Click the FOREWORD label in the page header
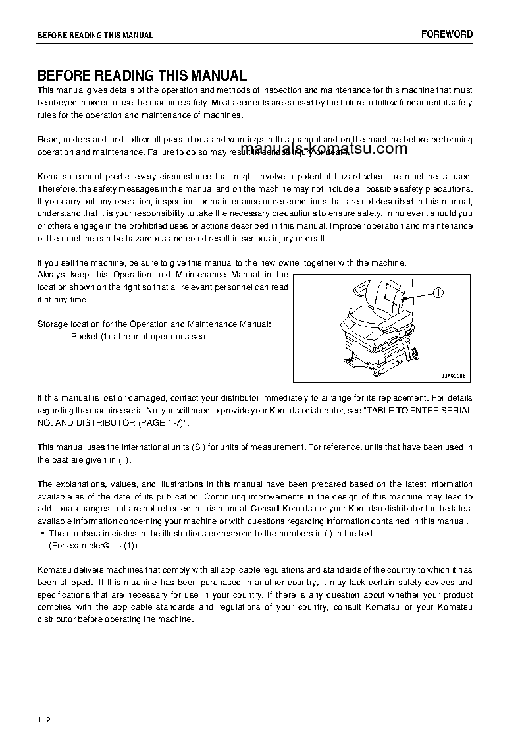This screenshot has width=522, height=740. [x=446, y=34]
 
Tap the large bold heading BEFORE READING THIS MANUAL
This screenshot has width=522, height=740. [x=142, y=76]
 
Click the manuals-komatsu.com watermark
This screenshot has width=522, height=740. [x=325, y=149]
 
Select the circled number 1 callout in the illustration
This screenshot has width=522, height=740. [x=438, y=293]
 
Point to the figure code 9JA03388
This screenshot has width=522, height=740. [x=454, y=375]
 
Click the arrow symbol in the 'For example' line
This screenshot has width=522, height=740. [x=115, y=546]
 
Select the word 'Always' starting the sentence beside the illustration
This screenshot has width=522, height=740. [x=51, y=274]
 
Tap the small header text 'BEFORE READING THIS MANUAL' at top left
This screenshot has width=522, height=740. [x=95, y=36]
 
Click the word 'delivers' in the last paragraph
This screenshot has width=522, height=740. [x=91, y=569]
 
